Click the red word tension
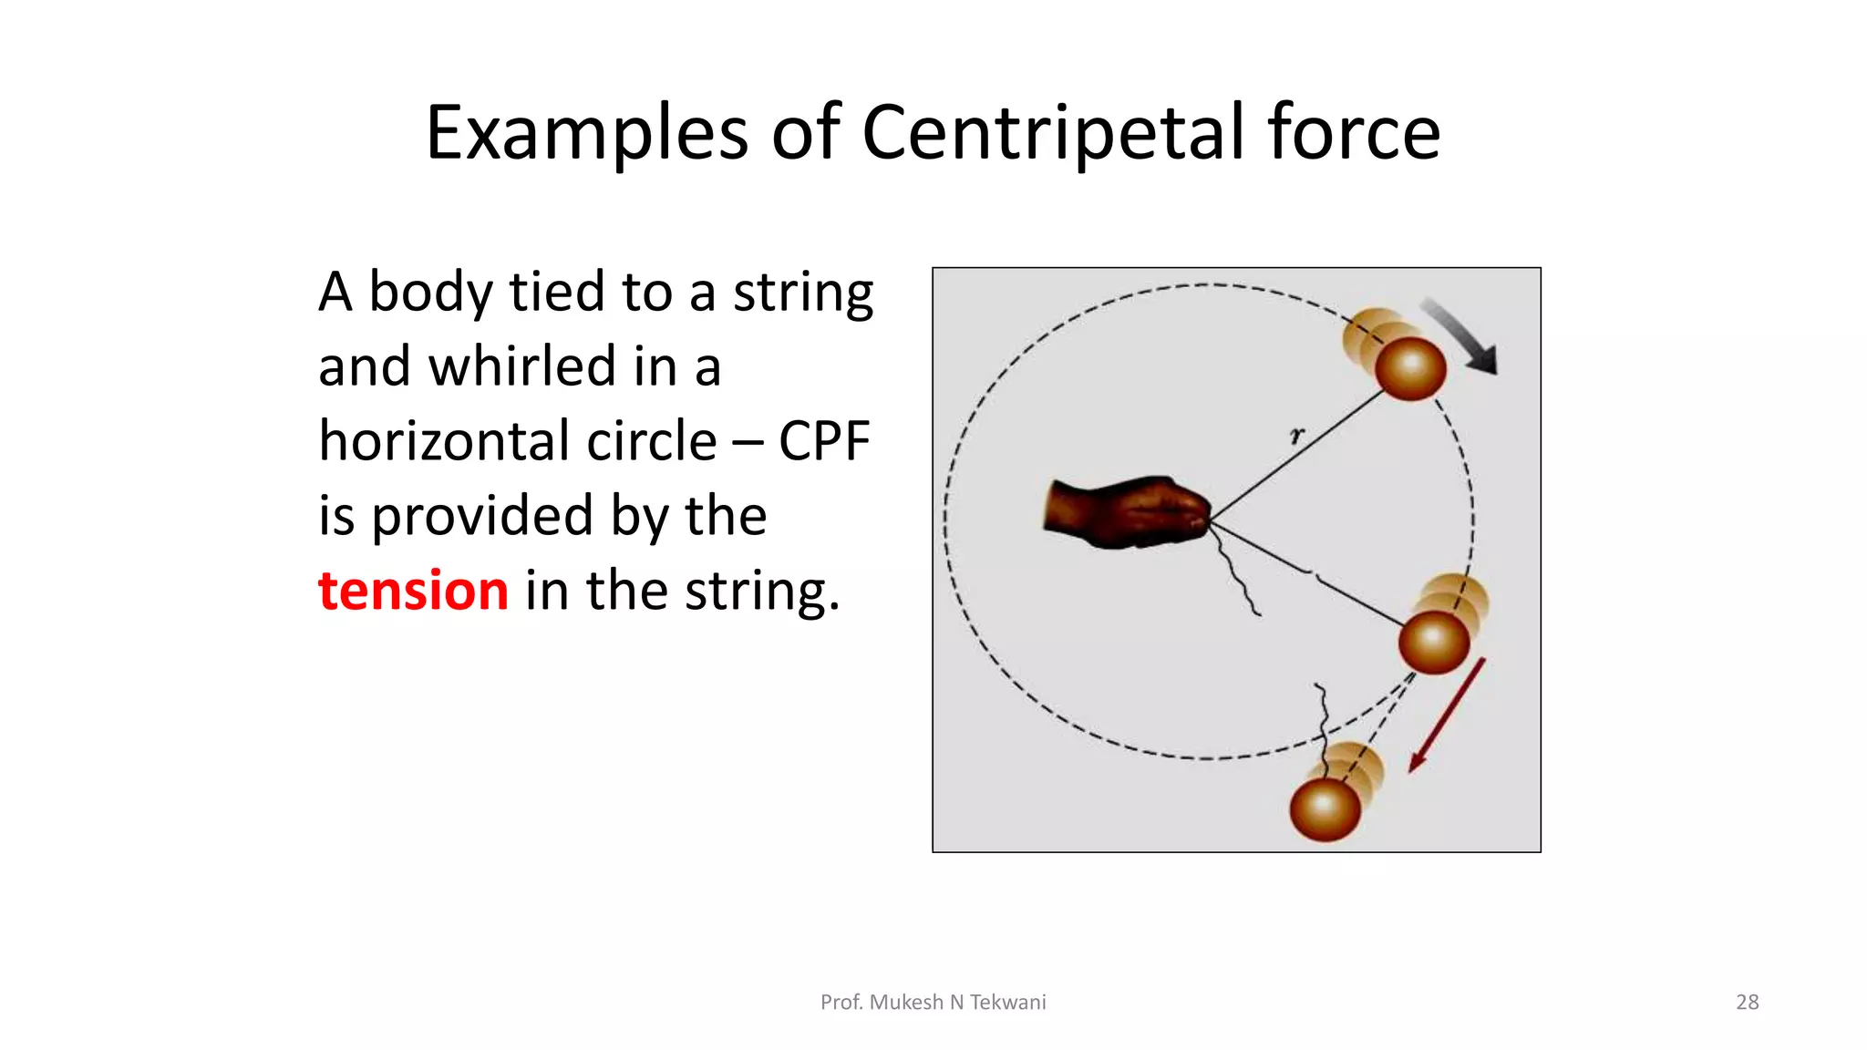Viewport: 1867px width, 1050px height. click(413, 591)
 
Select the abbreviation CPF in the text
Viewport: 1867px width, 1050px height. click(824, 441)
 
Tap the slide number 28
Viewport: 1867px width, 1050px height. click(1747, 1002)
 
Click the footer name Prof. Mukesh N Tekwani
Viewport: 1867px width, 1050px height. click(933, 1002)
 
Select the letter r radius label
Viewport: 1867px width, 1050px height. click(1296, 436)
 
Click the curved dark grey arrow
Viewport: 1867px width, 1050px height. click(1460, 337)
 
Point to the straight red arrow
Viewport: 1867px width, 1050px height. click(1448, 715)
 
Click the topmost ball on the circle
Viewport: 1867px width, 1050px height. click(1409, 367)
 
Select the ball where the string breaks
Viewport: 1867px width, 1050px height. click(1433, 641)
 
